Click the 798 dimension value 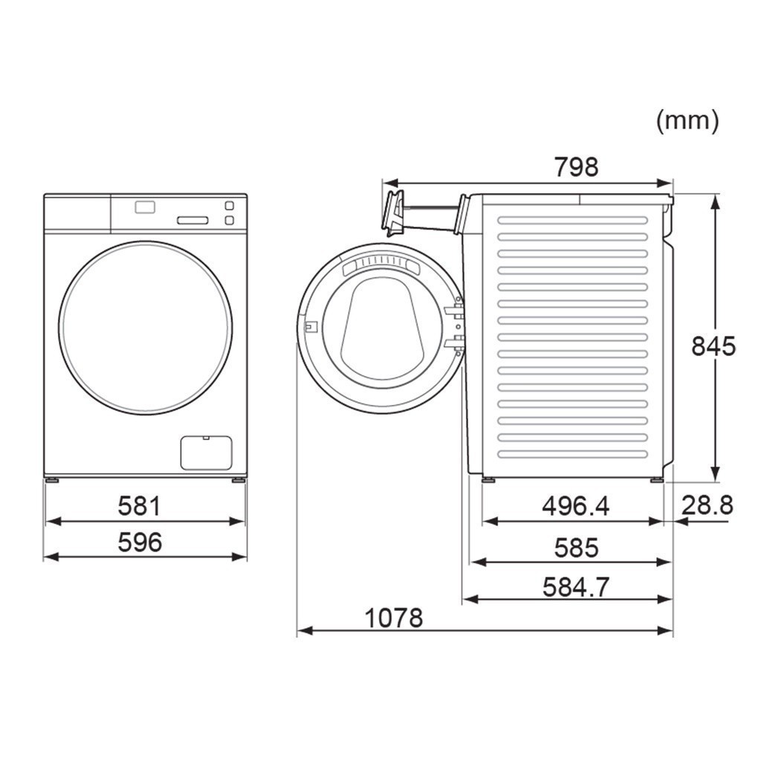coord(576,167)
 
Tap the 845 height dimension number coord(713,346)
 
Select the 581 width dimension coord(139,505)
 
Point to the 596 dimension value coord(139,542)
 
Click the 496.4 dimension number coord(575,506)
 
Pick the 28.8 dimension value coord(707,505)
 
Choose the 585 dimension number coord(576,548)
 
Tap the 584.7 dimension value coord(576,587)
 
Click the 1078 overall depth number coord(394,618)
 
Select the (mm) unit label coord(687,120)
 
